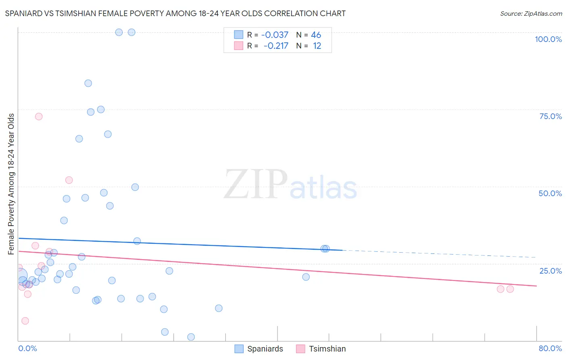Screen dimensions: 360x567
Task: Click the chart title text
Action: [175, 13]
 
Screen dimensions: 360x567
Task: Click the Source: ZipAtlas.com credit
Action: [531, 13]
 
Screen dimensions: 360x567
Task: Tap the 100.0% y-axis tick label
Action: [548, 39]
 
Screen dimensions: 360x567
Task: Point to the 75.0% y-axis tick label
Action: [550, 116]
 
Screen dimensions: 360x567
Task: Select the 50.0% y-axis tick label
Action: [550, 193]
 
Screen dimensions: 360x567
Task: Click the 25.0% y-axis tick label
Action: [550, 270]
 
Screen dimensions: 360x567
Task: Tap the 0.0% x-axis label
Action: [27, 348]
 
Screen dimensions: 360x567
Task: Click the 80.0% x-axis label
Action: [550, 348]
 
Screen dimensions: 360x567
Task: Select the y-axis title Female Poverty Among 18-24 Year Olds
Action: [11, 184]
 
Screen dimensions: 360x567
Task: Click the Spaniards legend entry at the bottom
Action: [259, 349]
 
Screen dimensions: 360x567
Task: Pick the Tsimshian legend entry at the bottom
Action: [321, 349]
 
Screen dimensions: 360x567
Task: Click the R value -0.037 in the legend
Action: [275, 35]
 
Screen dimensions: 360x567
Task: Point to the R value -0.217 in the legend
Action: [276, 46]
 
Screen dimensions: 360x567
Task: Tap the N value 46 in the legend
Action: [316, 35]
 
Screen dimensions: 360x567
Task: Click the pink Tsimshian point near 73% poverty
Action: [39, 117]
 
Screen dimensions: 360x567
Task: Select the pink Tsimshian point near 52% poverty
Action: [69, 180]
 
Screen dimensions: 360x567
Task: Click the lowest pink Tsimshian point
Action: [25, 321]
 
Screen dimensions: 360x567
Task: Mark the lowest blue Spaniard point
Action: [191, 337]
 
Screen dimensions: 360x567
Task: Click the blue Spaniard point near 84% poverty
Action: [88, 83]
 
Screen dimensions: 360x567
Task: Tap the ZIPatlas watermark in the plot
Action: [290, 185]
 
